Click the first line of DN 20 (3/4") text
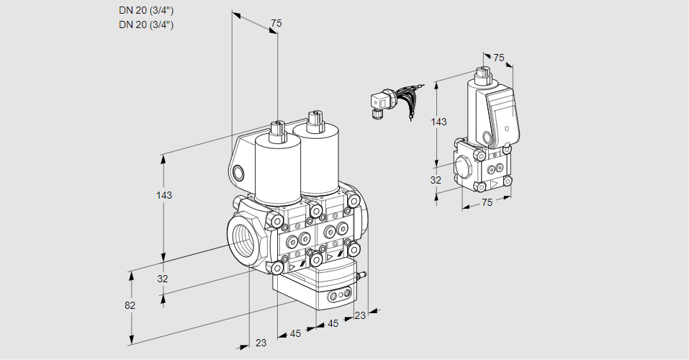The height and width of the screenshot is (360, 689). click(146, 10)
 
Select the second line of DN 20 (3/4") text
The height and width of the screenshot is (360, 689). click(146, 24)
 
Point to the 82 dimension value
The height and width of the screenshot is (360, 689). click(130, 305)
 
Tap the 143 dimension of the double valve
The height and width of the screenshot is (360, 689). click(164, 195)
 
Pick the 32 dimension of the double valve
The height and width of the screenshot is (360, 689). click(163, 279)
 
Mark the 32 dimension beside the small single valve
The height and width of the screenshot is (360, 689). click(436, 180)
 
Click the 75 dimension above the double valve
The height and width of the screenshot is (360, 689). click(276, 24)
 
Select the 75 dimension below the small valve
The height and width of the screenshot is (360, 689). click(487, 203)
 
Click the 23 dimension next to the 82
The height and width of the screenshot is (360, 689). click(261, 343)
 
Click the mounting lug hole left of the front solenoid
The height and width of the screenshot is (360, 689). click(238, 172)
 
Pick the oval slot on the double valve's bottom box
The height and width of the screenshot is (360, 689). click(337, 296)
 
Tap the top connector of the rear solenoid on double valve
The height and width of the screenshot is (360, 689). click(313, 120)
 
